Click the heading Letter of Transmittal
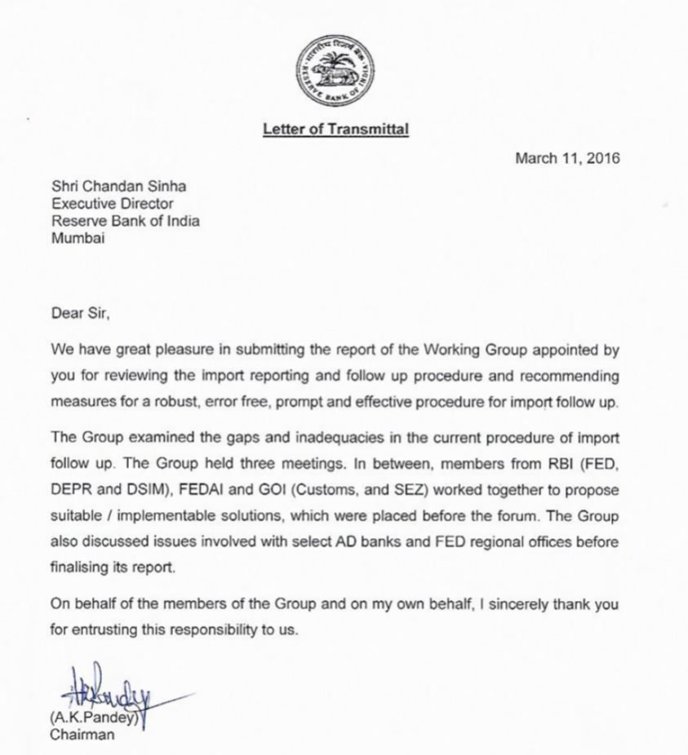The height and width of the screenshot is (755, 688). (x=335, y=129)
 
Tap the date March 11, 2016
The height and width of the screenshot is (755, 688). (x=567, y=158)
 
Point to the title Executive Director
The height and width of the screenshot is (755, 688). (x=112, y=204)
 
